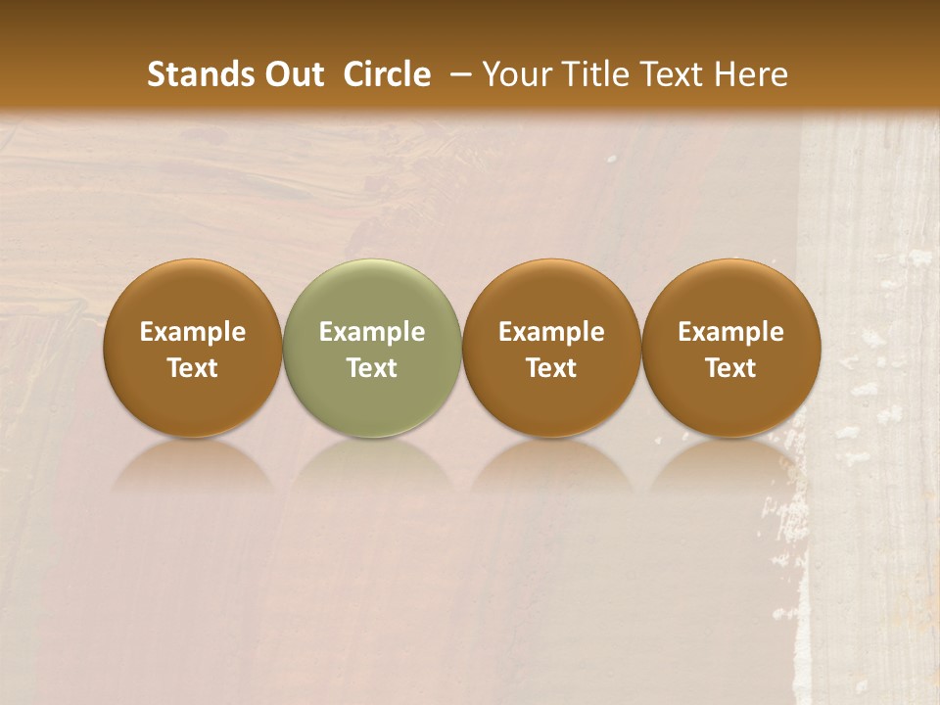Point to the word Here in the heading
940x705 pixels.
coord(750,74)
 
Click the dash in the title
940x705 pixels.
coord(456,75)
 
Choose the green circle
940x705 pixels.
coord(372,348)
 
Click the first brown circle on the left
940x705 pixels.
coord(193,348)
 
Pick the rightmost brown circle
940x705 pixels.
coord(731,348)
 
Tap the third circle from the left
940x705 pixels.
coord(551,348)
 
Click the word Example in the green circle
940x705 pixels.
coord(372,332)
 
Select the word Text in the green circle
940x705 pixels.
coord(372,368)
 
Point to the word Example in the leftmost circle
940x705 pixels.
coord(193,332)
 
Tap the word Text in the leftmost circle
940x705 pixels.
coord(193,368)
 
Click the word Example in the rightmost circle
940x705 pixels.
coord(731,332)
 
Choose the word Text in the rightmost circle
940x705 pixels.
coord(731,368)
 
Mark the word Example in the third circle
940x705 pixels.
coord(551,332)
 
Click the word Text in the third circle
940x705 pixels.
coord(551,368)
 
